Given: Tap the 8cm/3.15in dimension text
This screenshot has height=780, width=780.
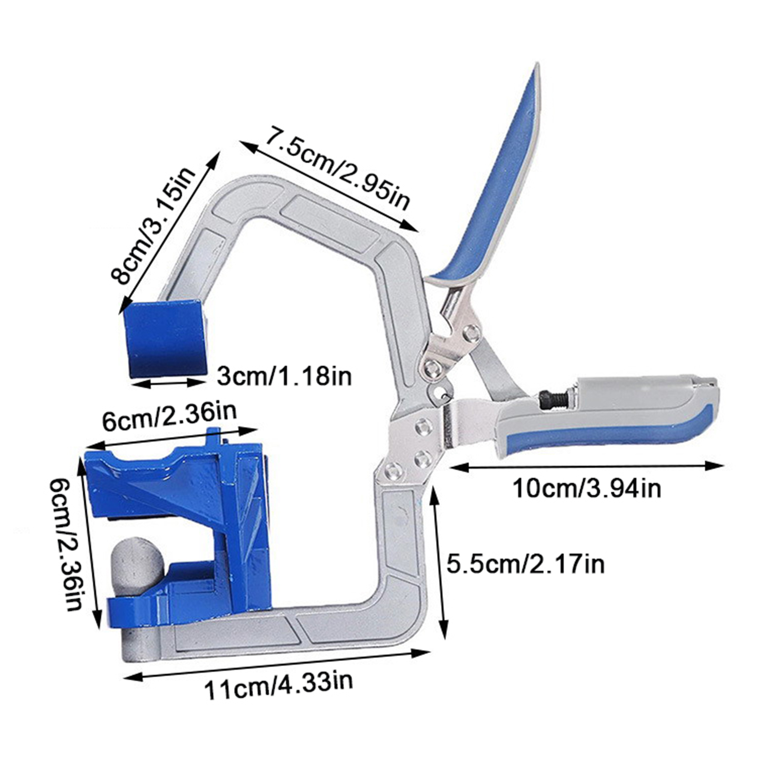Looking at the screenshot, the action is pyautogui.click(x=153, y=225).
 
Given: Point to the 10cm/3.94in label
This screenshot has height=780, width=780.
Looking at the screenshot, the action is pyautogui.click(x=586, y=488).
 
